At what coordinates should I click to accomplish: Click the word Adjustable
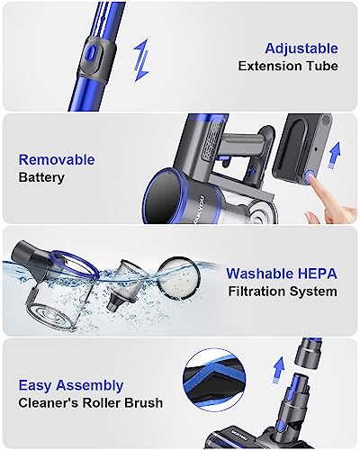[x=301, y=49]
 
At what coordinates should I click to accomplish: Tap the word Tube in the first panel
[x=323, y=66]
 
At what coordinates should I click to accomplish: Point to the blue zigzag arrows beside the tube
[x=141, y=60]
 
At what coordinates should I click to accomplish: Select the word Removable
[x=57, y=159]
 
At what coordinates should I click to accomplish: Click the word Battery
[x=41, y=177]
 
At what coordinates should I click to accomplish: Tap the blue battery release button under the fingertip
[x=310, y=176]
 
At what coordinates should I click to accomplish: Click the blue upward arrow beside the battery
[x=335, y=156]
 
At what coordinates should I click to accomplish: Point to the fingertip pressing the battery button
[x=312, y=179]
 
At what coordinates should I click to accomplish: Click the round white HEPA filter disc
[x=177, y=275]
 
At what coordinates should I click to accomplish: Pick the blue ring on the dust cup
[x=74, y=264]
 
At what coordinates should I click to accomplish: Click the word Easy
[x=35, y=386]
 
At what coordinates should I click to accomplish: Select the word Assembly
[x=90, y=386]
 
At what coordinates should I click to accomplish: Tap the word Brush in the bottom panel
[x=144, y=403]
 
